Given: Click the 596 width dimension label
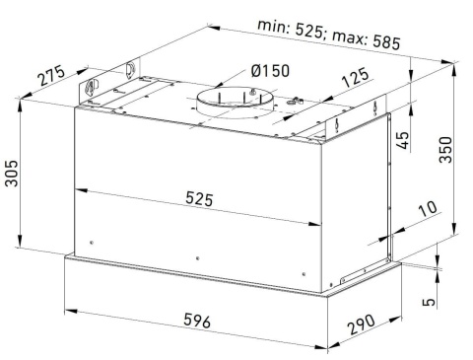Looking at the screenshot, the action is coord(197,321).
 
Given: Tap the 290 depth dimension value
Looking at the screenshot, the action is coord(362,324).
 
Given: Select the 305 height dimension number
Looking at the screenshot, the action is coord(12,174).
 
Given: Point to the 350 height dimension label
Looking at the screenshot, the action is coord(445,150).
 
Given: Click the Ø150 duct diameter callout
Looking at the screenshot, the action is coord(270,71).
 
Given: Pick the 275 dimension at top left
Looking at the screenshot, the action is coord(51,76).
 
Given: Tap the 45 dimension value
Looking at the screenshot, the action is coord(403,140).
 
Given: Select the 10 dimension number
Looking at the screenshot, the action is coord(428,208).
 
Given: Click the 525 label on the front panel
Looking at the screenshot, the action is coord(199,199).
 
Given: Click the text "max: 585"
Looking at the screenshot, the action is coord(367,40).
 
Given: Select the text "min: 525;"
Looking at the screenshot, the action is coord(291,29).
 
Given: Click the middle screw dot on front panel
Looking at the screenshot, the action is coord(197,258).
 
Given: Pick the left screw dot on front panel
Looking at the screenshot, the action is coord(92,243).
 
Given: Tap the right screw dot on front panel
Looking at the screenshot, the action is coord(304,274).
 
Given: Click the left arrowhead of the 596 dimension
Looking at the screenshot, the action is coord(71,312).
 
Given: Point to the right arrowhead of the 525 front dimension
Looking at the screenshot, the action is coord(315,224).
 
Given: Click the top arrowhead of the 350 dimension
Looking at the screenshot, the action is coord(454,71).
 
